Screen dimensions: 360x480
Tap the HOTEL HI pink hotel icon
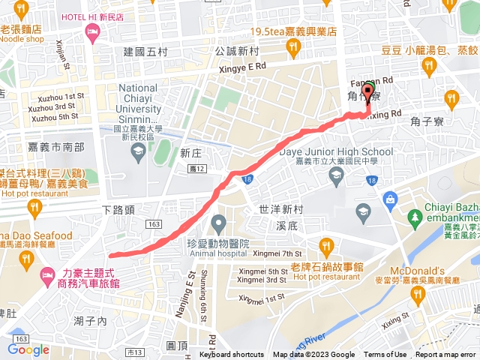(x=92, y=31)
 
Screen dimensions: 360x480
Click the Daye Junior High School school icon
(x=336, y=175)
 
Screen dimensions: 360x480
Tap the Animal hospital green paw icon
(x=218, y=223)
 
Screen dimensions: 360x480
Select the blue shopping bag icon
(x=389, y=199)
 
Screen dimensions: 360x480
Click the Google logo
(x=28, y=349)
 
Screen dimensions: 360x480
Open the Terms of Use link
(x=385, y=355)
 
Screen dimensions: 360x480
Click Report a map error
(x=447, y=355)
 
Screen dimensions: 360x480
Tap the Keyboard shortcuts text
(x=231, y=355)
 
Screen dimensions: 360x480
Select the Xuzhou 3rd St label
(x=53, y=107)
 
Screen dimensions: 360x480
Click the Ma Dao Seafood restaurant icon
(x=26, y=259)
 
